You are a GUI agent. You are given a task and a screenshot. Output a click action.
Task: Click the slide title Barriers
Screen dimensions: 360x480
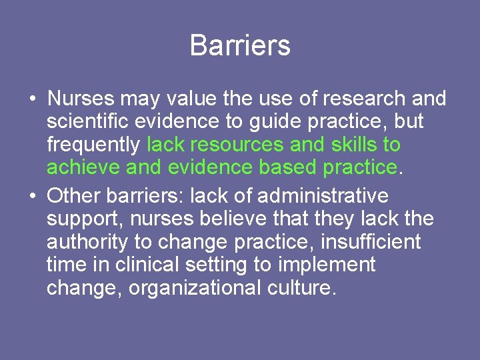[x=240, y=45]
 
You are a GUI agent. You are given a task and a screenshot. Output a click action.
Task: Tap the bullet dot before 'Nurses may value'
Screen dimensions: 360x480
[x=32, y=99]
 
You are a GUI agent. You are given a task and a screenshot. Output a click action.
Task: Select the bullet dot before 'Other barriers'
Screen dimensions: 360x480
[x=32, y=197]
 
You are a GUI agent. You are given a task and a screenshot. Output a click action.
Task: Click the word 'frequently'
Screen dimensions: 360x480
[x=93, y=145]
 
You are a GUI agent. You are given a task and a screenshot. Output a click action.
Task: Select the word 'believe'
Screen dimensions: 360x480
[x=219, y=218]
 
